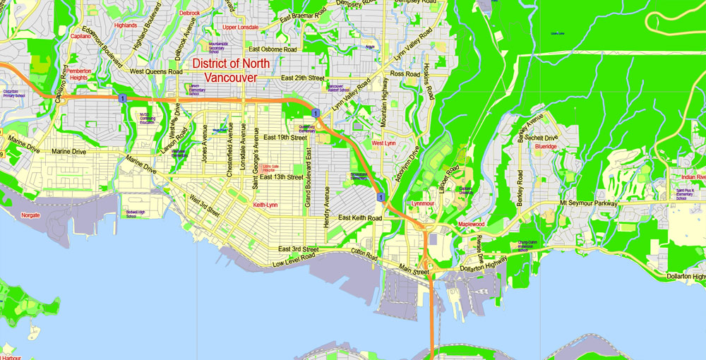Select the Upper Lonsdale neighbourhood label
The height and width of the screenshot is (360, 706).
[240, 28]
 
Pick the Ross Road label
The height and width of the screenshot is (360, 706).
[405, 74]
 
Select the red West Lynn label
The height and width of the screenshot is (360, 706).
[383, 143]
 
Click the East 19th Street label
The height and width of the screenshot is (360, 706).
[285, 137]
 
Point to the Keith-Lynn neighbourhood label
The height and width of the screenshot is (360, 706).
[265, 205]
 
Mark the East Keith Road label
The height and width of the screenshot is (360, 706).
[359, 218]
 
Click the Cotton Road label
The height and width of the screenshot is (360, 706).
[365, 252]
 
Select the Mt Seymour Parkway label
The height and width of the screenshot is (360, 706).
[588, 203]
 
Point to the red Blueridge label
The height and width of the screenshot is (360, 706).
[546, 147]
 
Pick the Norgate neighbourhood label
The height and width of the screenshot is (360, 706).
[30, 215]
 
